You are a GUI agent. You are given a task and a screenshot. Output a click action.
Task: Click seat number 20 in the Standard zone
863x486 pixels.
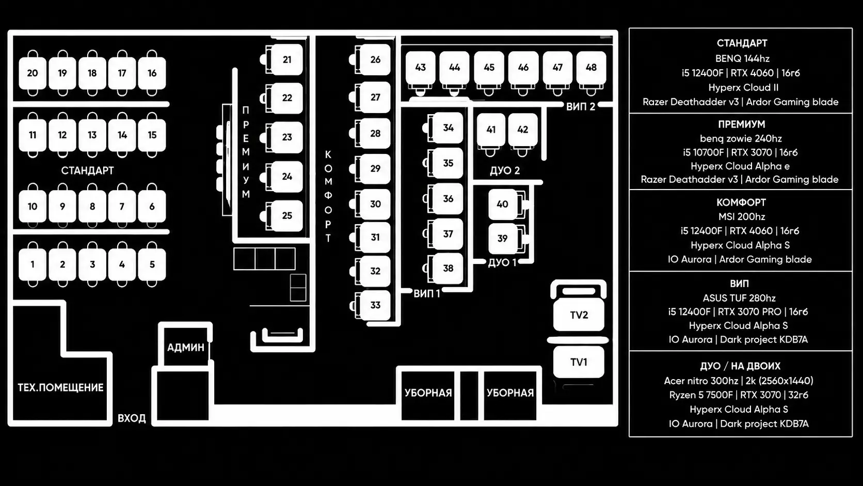click(x=33, y=73)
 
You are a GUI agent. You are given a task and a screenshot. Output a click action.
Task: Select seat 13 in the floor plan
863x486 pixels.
click(x=92, y=135)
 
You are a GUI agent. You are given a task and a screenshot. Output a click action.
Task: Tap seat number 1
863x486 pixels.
click(x=33, y=264)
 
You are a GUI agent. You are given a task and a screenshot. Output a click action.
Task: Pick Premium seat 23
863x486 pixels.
click(x=287, y=137)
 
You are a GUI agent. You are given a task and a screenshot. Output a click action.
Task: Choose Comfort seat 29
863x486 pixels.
click(x=375, y=169)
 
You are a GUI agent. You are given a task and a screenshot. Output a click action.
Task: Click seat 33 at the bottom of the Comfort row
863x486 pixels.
click(x=375, y=305)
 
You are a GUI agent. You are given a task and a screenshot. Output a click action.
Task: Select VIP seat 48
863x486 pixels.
click(x=592, y=68)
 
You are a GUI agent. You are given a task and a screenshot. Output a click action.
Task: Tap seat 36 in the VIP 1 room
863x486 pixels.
click(x=448, y=199)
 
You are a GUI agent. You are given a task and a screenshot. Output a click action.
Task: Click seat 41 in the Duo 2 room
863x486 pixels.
click(x=491, y=130)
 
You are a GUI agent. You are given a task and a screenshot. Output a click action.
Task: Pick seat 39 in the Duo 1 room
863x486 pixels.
click(x=502, y=239)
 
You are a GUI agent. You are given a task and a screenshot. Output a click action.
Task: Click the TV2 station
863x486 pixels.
click(x=579, y=315)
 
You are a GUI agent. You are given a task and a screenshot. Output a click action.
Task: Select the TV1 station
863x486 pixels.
click(x=579, y=362)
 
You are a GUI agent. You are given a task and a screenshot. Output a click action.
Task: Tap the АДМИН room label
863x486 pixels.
click(x=186, y=347)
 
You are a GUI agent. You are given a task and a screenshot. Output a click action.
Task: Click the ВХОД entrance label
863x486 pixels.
click(x=132, y=418)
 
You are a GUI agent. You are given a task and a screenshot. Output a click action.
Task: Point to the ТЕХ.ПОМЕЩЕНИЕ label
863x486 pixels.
click(x=60, y=387)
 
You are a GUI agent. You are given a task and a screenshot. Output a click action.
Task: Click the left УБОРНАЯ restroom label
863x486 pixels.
click(x=428, y=393)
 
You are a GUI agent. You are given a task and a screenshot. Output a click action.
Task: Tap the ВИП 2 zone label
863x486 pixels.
click(x=581, y=107)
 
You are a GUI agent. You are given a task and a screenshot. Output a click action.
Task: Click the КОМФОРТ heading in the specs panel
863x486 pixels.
click(x=741, y=202)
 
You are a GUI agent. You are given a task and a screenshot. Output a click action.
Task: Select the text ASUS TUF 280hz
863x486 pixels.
click(x=739, y=298)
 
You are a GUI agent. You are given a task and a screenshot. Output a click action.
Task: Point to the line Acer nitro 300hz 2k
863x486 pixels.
click(x=739, y=381)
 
